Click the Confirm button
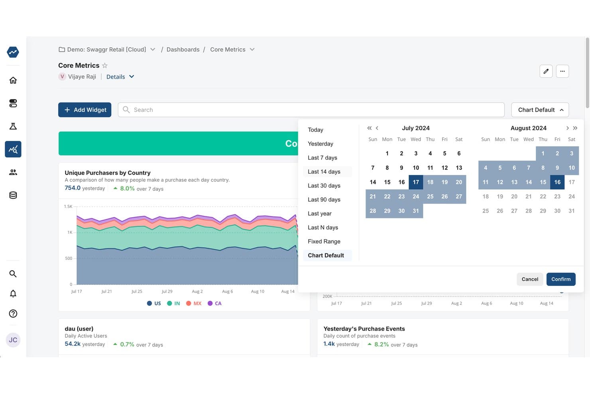561,279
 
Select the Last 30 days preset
324,186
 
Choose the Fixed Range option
324,241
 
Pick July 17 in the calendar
416,182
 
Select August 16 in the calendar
557,182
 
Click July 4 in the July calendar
430,153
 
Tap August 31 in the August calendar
571,211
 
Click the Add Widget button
85,110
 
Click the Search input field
311,110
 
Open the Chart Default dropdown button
540,110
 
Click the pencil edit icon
546,71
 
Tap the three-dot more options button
562,71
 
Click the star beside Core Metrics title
104,65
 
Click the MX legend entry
194,303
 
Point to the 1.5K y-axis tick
68,206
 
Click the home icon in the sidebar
13,80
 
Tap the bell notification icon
13,293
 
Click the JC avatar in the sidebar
13,340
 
